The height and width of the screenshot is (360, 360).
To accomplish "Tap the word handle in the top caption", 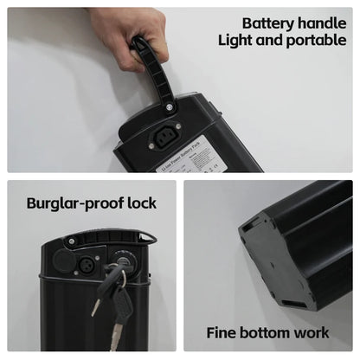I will pyautogui.click(x=322, y=23).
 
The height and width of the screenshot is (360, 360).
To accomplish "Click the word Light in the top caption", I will pyautogui.click(x=238, y=41).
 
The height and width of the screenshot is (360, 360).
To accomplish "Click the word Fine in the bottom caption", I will pyautogui.click(x=222, y=332).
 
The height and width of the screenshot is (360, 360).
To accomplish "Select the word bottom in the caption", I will pyautogui.click(x=267, y=332).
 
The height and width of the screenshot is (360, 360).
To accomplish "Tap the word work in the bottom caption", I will pyautogui.click(x=312, y=332).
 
